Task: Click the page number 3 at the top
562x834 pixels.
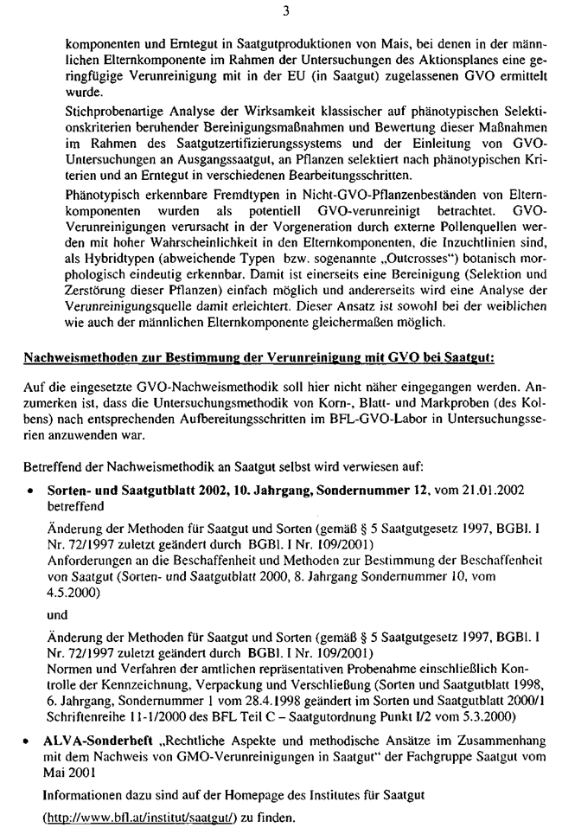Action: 282,11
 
